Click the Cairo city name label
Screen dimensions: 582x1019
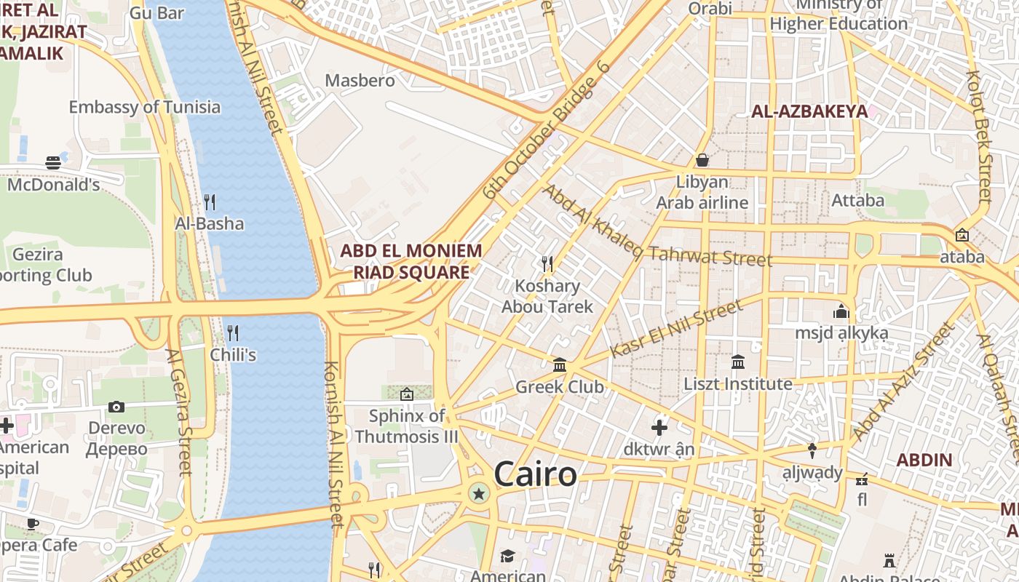coord(535,474)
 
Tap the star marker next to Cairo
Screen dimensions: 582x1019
coord(479,495)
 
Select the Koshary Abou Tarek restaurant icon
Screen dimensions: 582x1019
coord(547,263)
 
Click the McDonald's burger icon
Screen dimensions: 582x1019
coord(53,162)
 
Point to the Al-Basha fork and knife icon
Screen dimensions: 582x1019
coord(210,201)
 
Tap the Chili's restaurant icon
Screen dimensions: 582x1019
coord(233,333)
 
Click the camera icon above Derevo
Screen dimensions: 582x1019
coord(116,407)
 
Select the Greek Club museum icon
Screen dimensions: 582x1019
coord(560,364)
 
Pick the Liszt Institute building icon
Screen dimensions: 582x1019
coord(738,362)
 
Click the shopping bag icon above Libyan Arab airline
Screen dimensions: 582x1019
coord(702,159)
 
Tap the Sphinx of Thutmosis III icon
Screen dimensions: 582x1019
coord(406,394)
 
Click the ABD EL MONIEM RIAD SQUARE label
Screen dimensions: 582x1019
coord(411,262)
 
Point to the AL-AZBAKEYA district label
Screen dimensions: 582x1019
coord(809,111)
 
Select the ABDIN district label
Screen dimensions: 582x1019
coord(924,460)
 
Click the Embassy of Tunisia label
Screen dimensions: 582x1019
coord(144,107)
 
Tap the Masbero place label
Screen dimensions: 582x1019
coord(360,80)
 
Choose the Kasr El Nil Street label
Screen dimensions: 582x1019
coord(676,328)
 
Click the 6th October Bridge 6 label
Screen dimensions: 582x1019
coord(546,140)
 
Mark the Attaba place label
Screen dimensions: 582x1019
coord(858,200)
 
